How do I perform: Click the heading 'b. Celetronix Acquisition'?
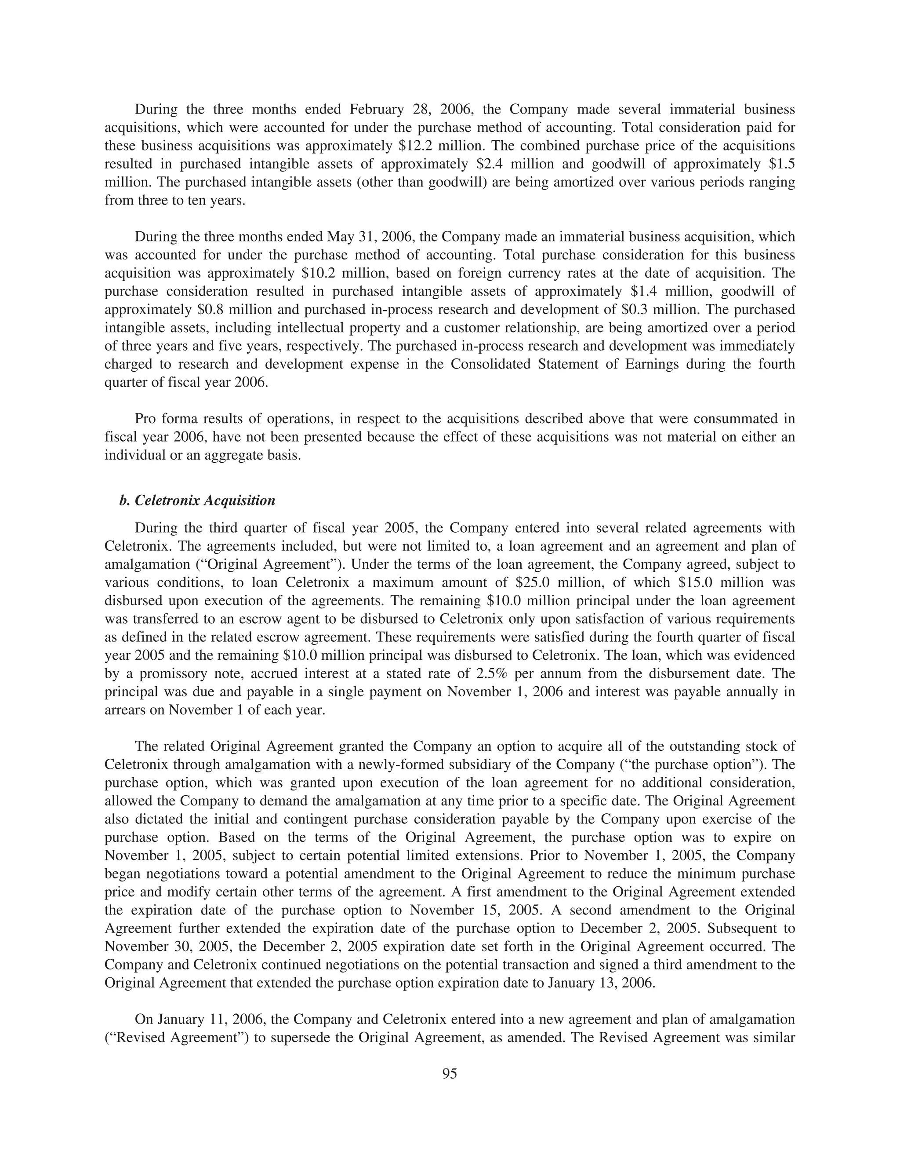point(197,501)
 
